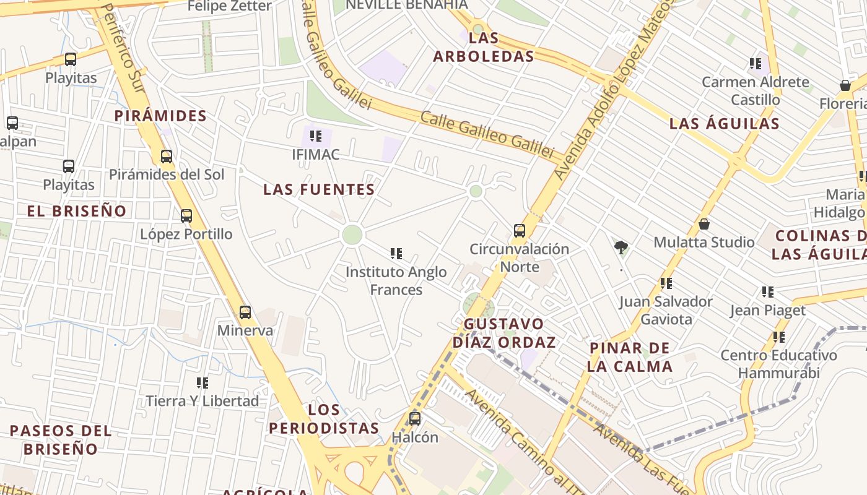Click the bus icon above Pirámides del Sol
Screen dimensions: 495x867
coord(166,156)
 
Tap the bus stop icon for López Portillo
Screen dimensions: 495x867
coord(186,216)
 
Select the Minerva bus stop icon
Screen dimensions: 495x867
coord(245,312)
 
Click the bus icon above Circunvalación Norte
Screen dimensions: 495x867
coord(520,231)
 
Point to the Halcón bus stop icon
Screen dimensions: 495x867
coord(415,419)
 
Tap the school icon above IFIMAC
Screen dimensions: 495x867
coord(316,136)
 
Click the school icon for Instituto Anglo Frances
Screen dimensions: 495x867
coord(396,253)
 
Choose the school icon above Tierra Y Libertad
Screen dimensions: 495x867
coord(203,383)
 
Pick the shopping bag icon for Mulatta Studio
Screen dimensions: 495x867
coord(704,223)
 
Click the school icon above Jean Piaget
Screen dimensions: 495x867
coord(768,291)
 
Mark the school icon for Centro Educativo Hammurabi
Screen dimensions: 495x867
coord(779,337)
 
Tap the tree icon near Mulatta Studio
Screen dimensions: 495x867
coord(621,247)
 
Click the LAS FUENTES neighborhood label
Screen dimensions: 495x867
coord(319,189)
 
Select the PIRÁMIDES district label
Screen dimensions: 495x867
coord(160,116)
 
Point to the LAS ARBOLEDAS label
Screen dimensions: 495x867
coord(484,47)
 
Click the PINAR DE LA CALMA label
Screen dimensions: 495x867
coord(630,357)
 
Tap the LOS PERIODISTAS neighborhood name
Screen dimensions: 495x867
coord(325,419)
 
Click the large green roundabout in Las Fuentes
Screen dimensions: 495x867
coord(352,235)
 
